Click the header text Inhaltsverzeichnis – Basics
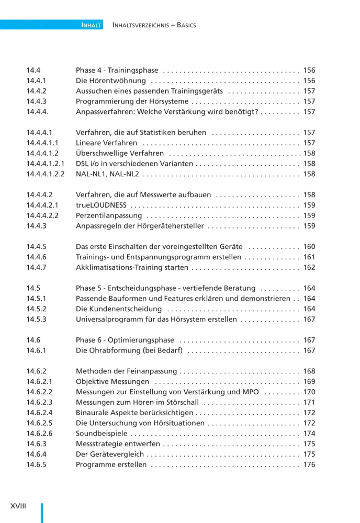154,25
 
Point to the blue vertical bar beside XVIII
42,513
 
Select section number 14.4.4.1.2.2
46,174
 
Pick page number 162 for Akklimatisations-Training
309,268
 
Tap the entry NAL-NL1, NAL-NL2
107,174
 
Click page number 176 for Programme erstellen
309,465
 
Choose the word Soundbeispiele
101,434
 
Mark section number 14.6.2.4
39,413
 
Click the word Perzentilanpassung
109,216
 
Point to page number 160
309,247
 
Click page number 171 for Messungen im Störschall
309,403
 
